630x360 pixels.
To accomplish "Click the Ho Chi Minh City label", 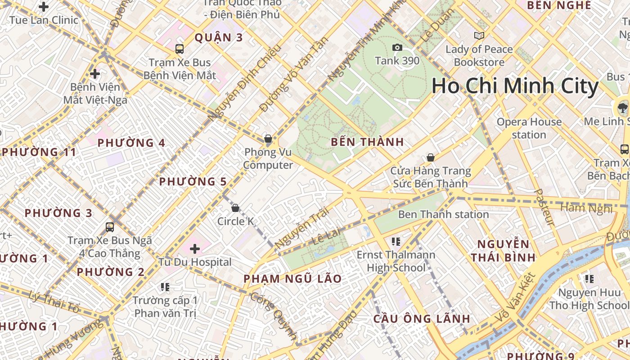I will (x=515, y=86).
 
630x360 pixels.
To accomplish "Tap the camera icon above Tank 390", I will (x=397, y=47).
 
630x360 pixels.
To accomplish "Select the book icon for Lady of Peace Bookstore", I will (x=479, y=36).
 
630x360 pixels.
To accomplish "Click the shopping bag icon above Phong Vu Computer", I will (x=268, y=139).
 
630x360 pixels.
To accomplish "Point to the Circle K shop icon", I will (x=235, y=208).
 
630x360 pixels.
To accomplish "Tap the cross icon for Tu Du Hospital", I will (x=195, y=248).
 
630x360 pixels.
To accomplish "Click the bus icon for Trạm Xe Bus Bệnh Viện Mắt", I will (x=180, y=49).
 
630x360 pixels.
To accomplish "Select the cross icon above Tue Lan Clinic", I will (x=44, y=7).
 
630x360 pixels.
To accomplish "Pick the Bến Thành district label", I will (x=367, y=142).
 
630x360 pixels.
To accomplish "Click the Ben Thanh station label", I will (x=443, y=214).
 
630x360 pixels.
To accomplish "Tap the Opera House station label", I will (x=529, y=128).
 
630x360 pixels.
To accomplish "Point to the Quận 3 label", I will (x=219, y=37).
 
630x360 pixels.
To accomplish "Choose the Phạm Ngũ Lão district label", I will (x=292, y=279).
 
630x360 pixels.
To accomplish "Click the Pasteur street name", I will (x=544, y=207).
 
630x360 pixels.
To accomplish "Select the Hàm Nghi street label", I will (x=586, y=208).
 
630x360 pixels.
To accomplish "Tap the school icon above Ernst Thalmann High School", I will (x=396, y=242).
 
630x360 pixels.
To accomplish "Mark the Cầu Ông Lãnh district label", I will (x=422, y=319).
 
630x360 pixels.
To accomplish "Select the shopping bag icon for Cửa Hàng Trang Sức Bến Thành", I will (x=431, y=157).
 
